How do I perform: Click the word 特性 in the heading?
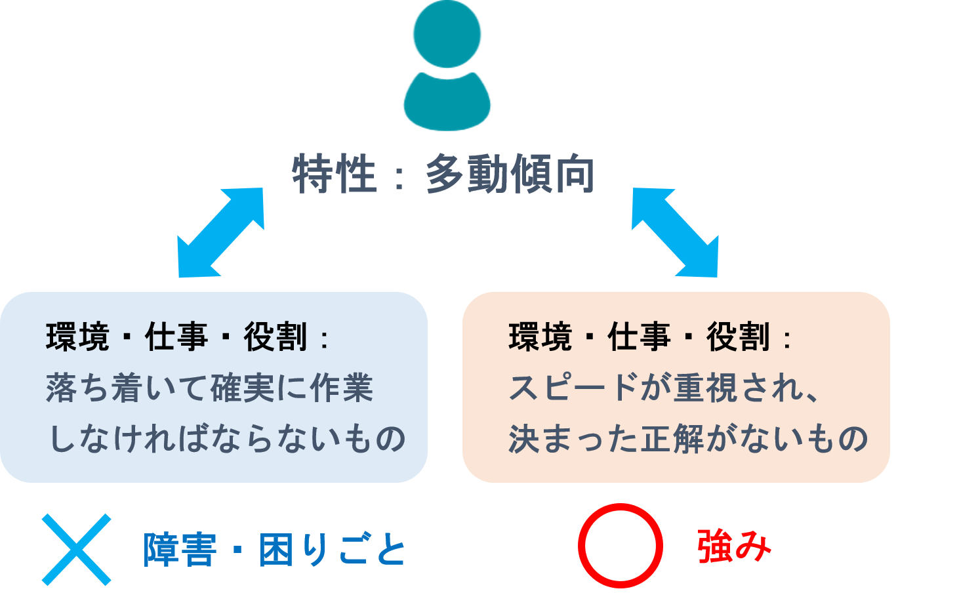pos(334,174)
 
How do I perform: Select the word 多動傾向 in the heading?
pos(510,174)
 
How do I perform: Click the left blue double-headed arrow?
pos(220,233)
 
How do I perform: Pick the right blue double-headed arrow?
pos(676,233)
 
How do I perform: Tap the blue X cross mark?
pos(77,549)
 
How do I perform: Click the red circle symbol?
pos(620,546)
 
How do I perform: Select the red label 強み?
pos(734,546)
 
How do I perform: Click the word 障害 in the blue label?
pos(180,550)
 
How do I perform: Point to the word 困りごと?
pos(333,550)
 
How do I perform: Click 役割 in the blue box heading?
pos(275,338)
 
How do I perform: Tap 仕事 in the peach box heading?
pos(638,338)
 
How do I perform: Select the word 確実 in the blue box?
pos(243,388)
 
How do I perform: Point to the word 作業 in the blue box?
pos(341,388)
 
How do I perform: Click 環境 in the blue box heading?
pos(77,338)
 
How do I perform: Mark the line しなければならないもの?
pos(227,439)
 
